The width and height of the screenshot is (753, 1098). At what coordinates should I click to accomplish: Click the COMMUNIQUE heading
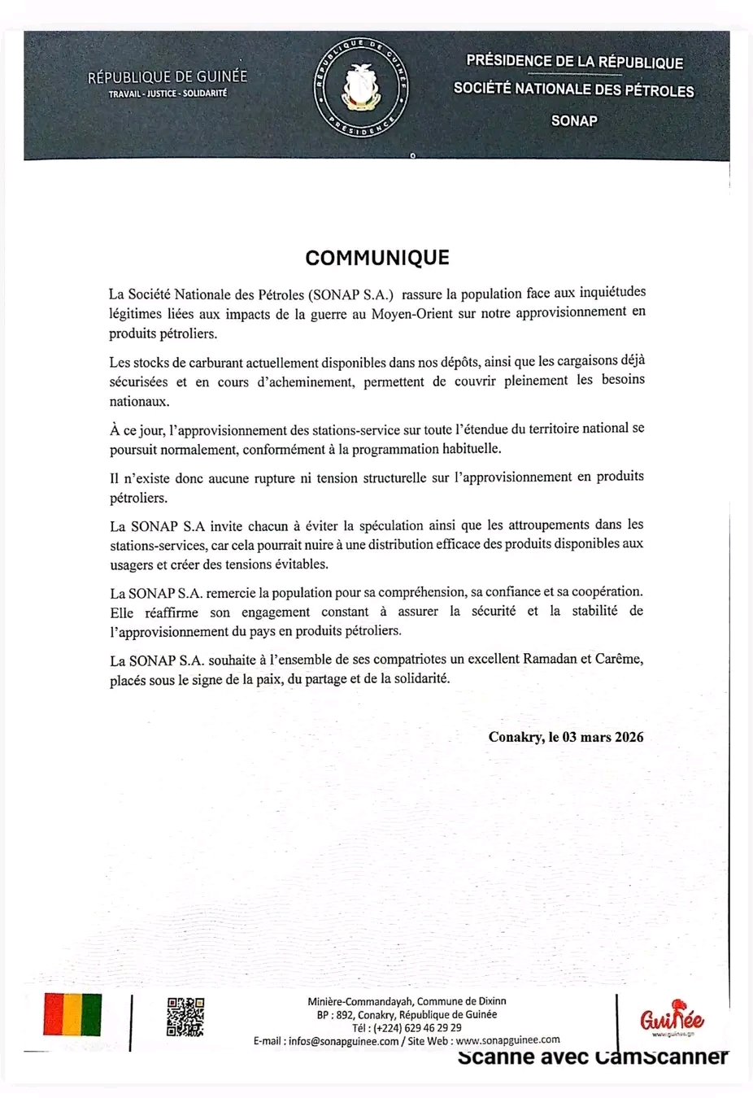(377, 258)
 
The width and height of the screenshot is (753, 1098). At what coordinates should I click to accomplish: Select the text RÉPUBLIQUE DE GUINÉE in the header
(168, 77)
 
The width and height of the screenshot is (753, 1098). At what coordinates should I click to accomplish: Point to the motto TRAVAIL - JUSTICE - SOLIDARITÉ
(168, 94)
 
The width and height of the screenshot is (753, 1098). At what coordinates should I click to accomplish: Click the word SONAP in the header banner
(574, 120)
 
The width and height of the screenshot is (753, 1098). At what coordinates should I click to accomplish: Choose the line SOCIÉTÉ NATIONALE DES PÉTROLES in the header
(573, 89)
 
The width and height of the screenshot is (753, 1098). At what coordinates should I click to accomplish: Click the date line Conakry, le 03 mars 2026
(566, 737)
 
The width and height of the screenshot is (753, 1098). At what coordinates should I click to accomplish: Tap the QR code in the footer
(185, 1017)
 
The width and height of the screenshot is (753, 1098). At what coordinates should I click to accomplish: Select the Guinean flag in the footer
(72, 1014)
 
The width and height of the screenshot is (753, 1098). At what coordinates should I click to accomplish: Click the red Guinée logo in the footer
(672, 1019)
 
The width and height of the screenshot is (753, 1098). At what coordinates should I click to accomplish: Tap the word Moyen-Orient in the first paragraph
(413, 313)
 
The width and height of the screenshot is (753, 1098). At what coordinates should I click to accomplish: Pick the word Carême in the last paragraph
(619, 659)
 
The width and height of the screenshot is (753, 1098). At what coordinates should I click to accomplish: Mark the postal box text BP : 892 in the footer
(336, 1014)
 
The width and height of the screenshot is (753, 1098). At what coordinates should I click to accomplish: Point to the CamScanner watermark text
(593, 1057)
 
